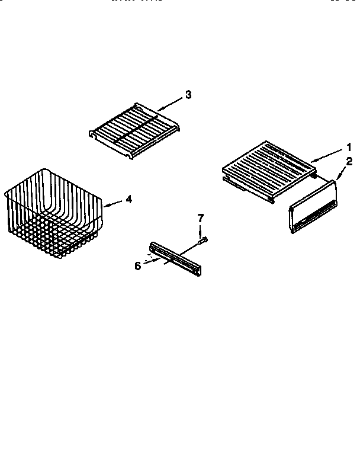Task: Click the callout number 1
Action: [x=350, y=147]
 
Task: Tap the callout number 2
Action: [x=349, y=161]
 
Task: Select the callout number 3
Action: [x=188, y=94]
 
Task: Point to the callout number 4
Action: [x=129, y=200]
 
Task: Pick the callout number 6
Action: [x=138, y=265]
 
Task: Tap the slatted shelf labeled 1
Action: [x=266, y=169]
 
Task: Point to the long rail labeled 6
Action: [x=175, y=258]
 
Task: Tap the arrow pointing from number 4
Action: [x=114, y=203]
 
